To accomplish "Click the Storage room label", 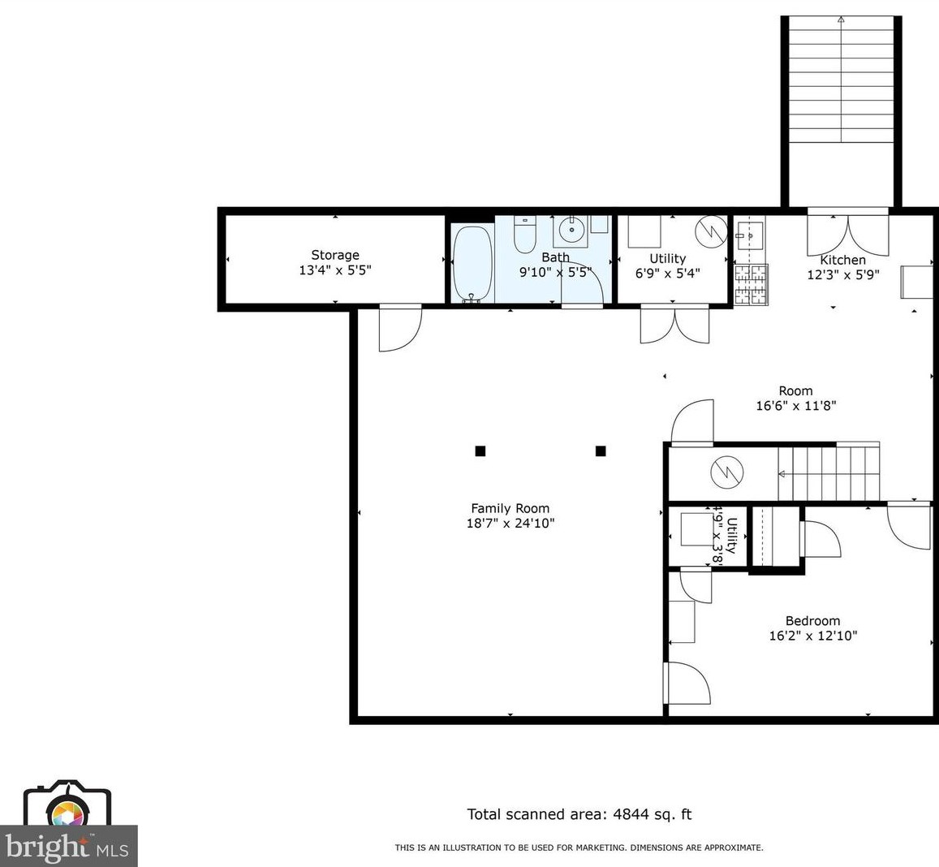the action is click(334, 255).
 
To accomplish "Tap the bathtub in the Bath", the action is click(473, 263).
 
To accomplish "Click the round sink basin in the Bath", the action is click(572, 230).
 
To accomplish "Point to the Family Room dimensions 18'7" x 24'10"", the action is click(510, 523).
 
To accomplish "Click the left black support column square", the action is click(480, 451).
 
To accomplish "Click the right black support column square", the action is click(601, 451).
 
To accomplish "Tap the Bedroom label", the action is click(812, 621).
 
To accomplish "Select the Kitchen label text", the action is click(842, 260).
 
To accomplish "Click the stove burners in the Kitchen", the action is click(751, 284).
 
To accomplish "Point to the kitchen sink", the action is click(749, 235).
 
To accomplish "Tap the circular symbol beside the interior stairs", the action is click(727, 472).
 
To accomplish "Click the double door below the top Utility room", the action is click(675, 324).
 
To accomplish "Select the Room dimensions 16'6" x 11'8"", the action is click(796, 406).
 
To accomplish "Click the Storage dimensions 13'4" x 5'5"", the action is click(334, 270).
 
